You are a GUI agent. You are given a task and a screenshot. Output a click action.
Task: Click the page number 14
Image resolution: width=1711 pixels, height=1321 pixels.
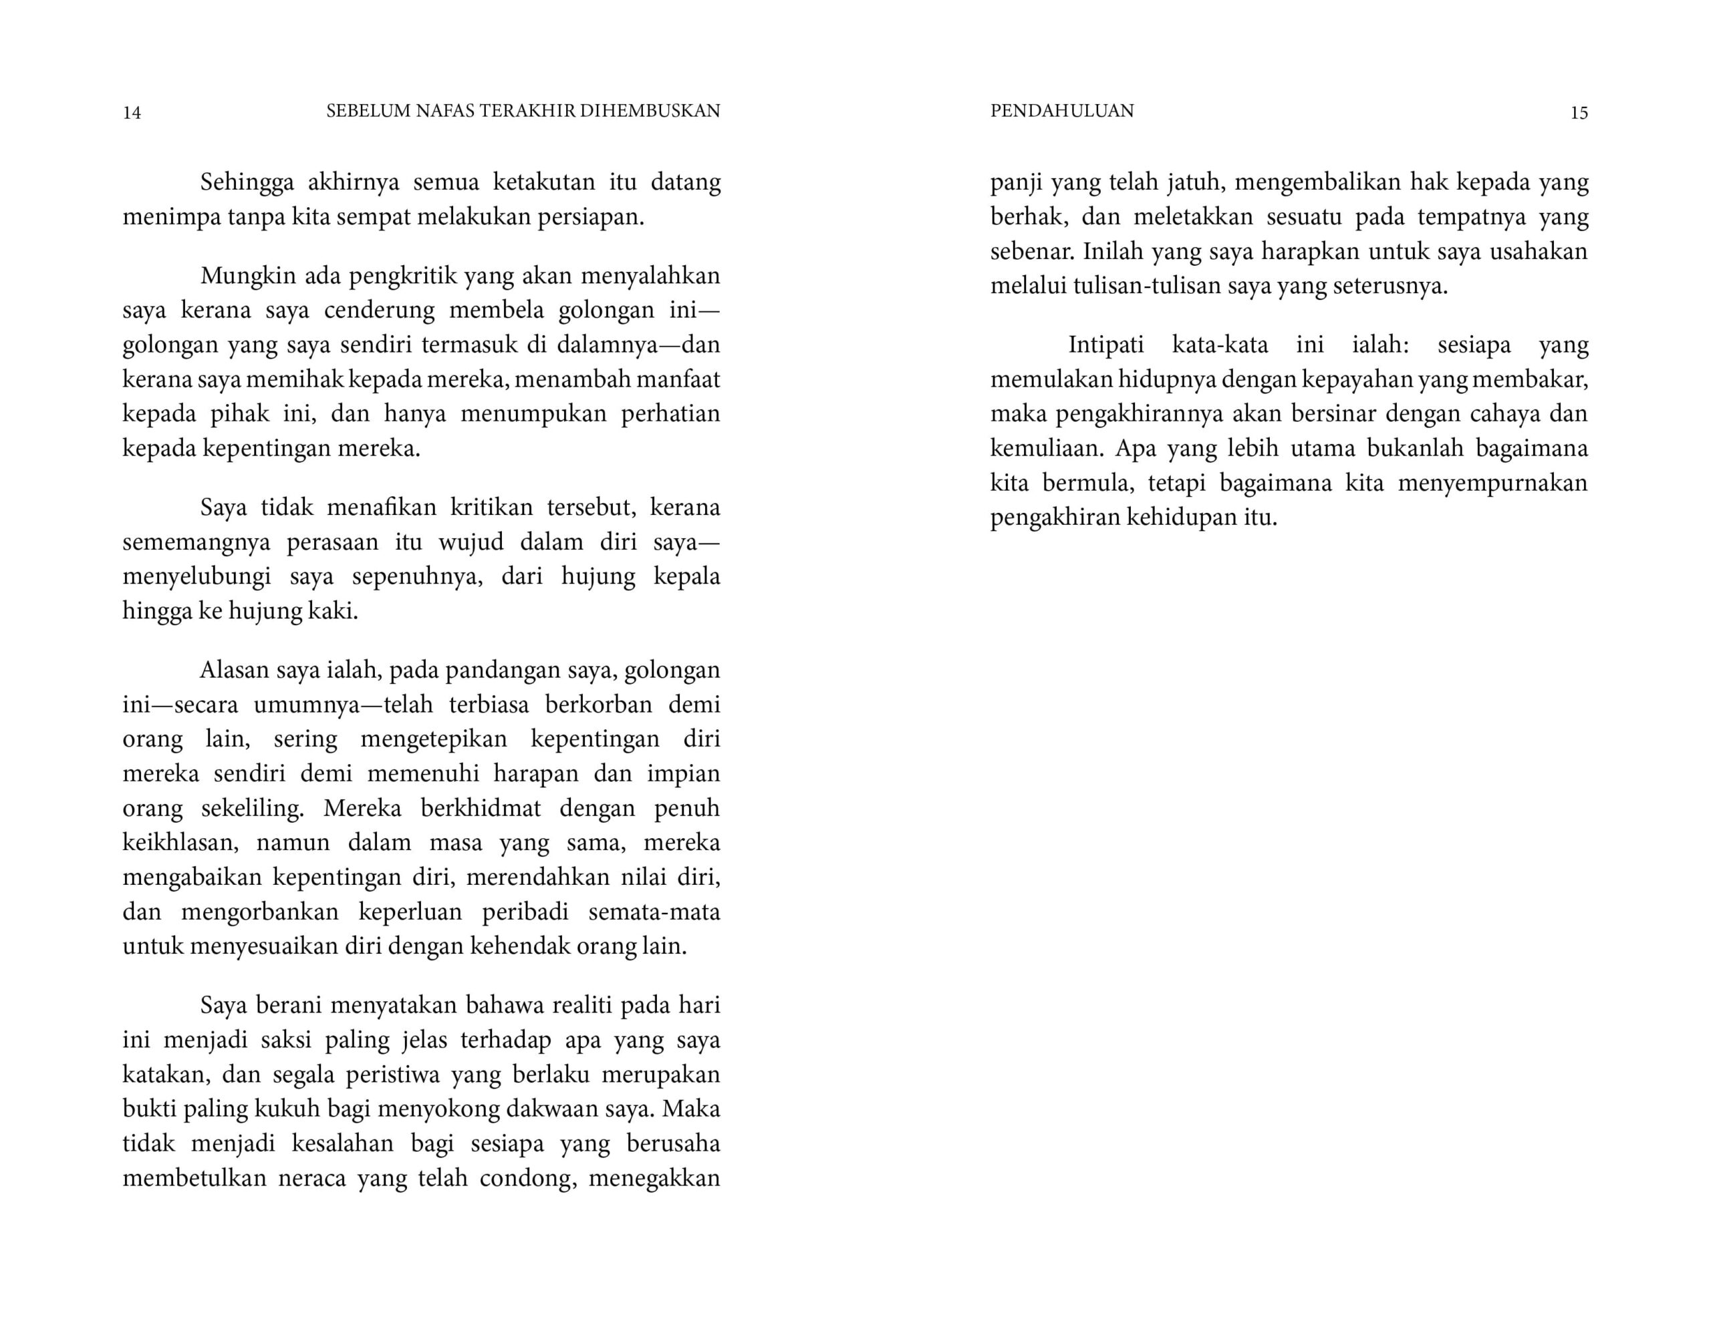(132, 113)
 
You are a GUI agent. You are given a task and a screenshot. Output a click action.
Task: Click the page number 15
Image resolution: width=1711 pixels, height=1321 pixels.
(1579, 113)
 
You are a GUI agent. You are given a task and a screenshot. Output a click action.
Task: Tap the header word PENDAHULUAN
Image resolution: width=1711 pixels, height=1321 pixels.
(1061, 111)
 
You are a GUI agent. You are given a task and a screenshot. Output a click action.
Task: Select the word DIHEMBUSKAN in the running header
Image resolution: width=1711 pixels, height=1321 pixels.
(650, 111)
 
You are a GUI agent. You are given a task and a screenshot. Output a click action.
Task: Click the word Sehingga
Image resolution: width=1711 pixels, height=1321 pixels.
(247, 182)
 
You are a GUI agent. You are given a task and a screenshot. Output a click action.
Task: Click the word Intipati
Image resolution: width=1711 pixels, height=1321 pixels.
(1105, 345)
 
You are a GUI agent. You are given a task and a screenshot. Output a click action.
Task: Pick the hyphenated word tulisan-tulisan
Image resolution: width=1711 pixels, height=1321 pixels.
(1146, 286)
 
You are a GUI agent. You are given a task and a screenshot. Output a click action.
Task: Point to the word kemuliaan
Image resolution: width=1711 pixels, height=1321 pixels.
(1047, 449)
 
